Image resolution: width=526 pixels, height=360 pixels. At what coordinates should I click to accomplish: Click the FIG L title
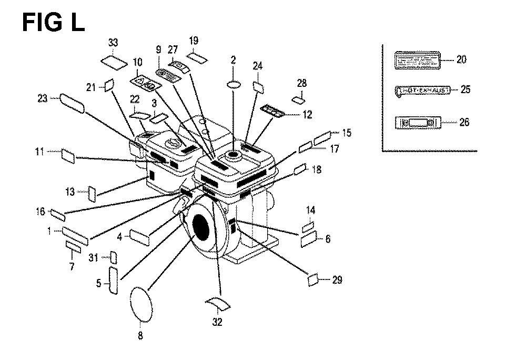click(53, 23)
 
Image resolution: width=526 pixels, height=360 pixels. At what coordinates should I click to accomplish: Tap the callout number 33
click(113, 43)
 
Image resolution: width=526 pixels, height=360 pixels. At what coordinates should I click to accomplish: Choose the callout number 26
click(464, 123)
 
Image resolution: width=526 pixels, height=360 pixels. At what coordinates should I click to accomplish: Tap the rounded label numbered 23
click(72, 102)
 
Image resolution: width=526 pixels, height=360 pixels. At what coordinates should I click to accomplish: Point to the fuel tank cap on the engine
click(232, 155)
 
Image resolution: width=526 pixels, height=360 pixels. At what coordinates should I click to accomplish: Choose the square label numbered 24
click(258, 86)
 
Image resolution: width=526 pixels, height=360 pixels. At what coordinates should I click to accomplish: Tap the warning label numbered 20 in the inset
click(417, 60)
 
